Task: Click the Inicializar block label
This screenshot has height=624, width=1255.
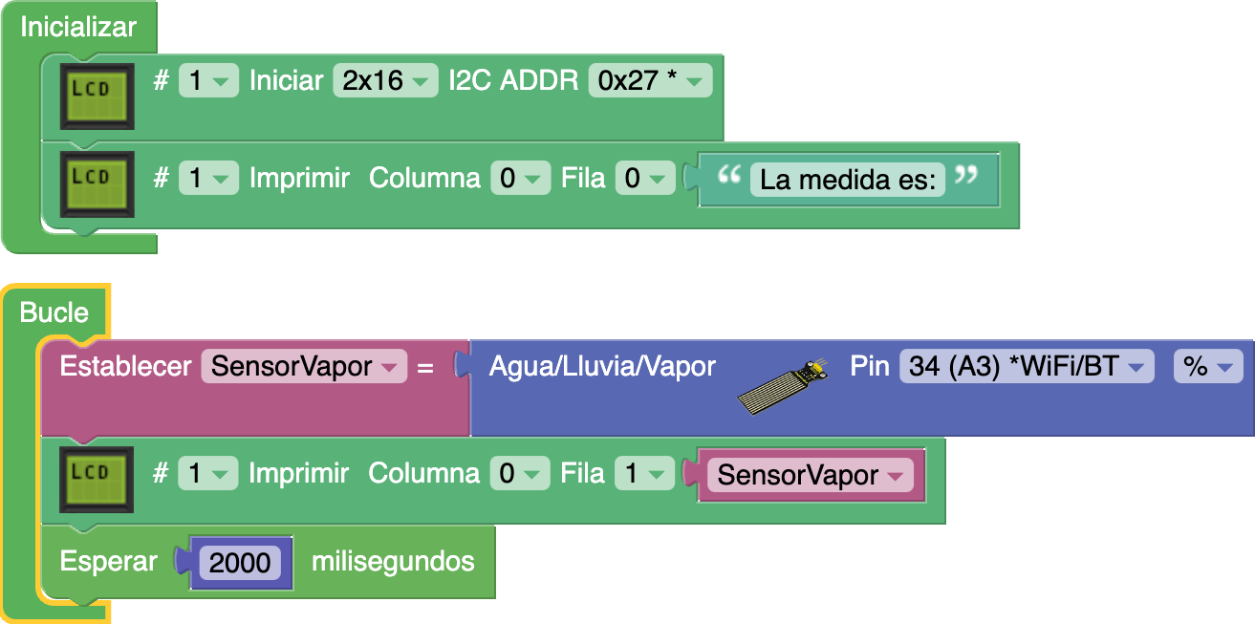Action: coord(78,27)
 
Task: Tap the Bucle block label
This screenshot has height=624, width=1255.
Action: coord(54,312)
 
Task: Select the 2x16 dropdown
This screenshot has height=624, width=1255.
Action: coord(384,81)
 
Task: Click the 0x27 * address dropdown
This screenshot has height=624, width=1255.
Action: coord(650,81)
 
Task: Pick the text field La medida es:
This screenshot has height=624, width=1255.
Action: coord(847,179)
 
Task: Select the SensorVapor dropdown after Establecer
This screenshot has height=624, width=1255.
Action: coord(303,367)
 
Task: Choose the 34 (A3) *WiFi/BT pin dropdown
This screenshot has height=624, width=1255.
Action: coord(1026,367)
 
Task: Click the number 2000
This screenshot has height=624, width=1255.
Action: coord(240,563)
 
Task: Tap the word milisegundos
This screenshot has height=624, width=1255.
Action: coord(393,561)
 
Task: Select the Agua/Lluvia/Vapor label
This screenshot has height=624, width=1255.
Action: coord(602,366)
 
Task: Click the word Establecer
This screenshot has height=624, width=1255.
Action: coord(125,366)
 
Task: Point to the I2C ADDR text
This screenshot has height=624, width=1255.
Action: coord(513,81)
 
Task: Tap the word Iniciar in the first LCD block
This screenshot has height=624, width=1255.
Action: coord(286,81)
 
